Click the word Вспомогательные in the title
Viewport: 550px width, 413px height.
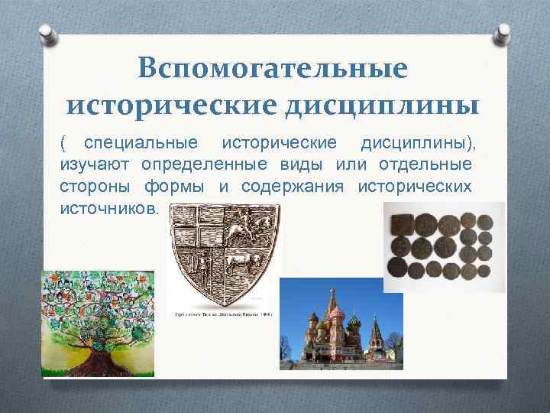[x=273, y=70]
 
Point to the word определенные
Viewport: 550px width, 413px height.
[x=201, y=165]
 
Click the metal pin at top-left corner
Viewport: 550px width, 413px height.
[x=47, y=34]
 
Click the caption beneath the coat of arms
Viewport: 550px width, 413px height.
[x=224, y=314]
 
